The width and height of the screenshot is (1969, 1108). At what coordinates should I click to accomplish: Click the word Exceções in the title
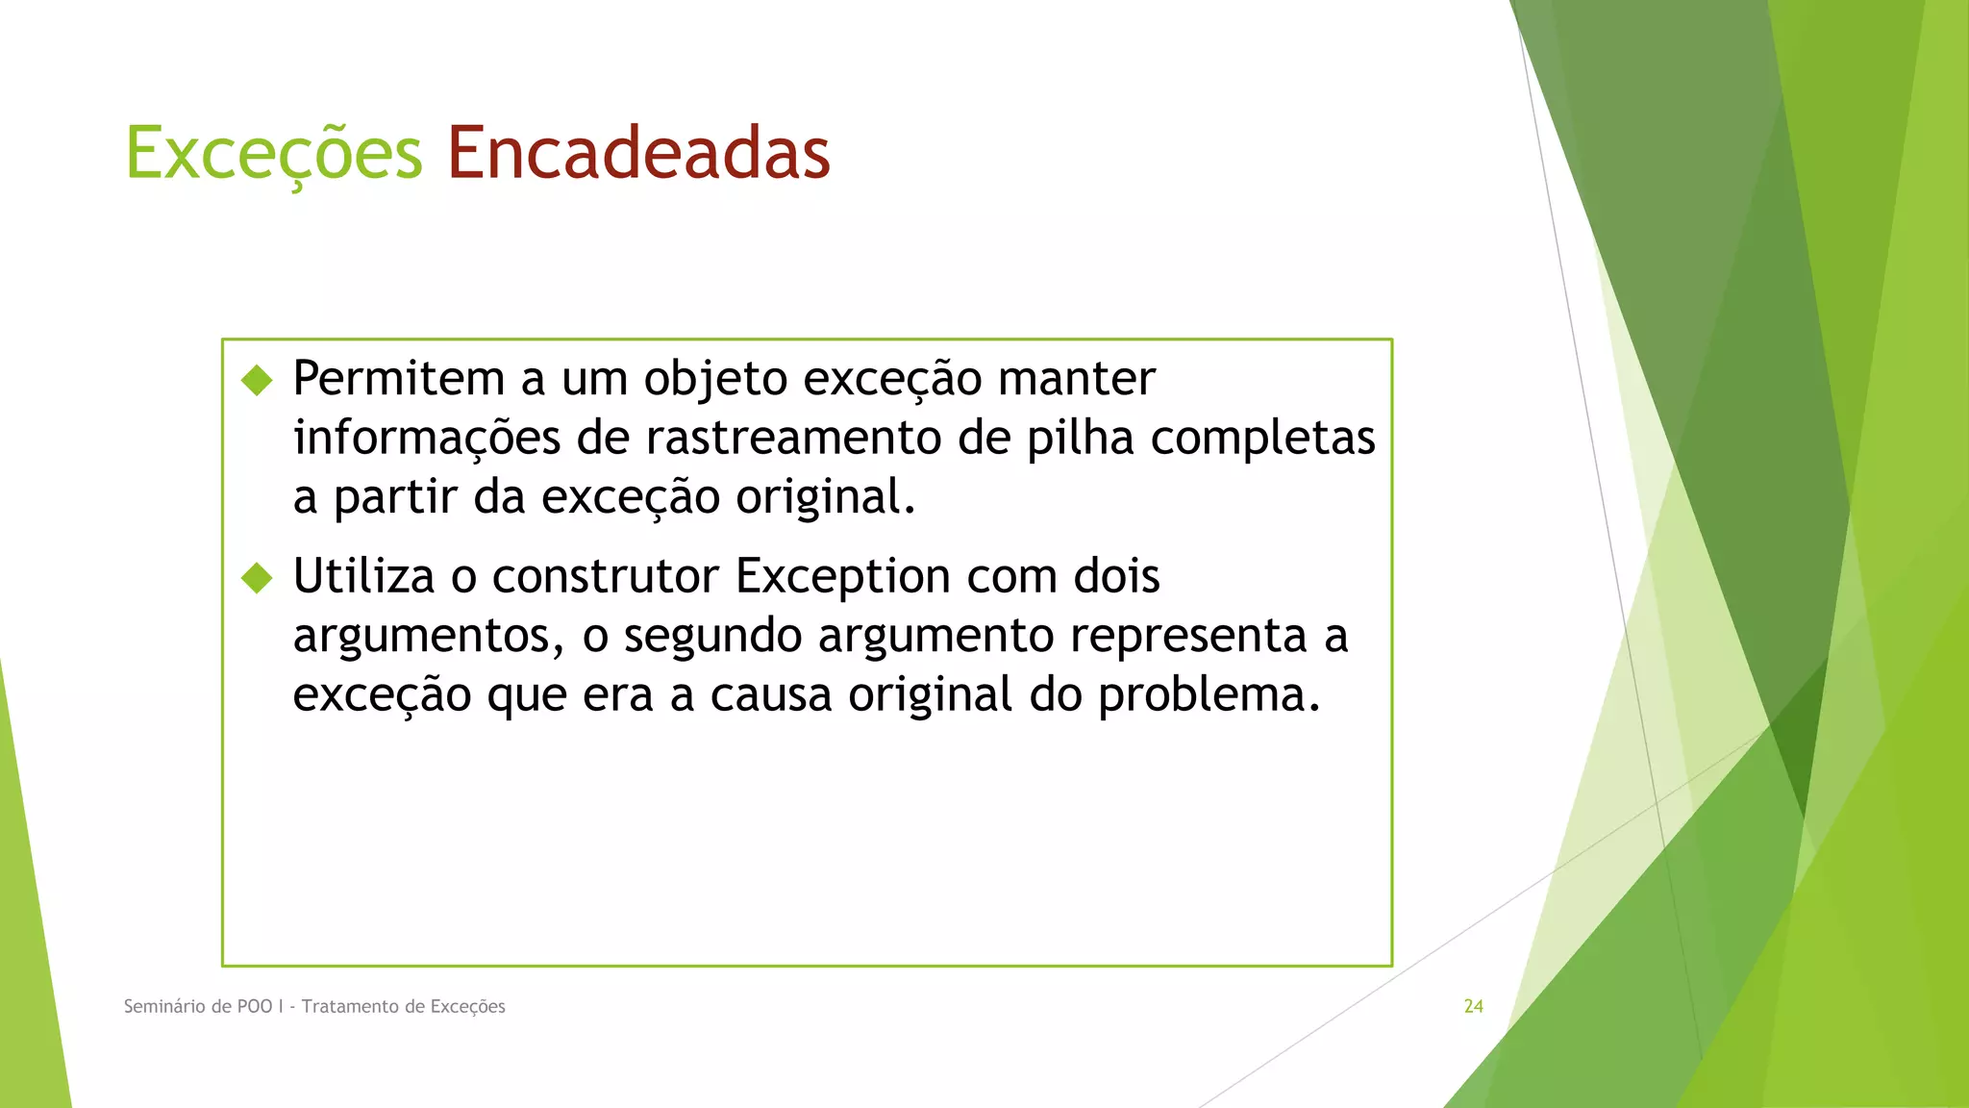coord(274,154)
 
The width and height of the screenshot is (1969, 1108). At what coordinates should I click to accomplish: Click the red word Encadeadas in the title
coord(638,154)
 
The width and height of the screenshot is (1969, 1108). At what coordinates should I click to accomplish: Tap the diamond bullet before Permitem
coord(258,380)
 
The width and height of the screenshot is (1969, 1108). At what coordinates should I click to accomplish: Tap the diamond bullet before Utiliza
coord(258,577)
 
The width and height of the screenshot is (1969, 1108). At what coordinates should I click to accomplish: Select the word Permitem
coord(399,378)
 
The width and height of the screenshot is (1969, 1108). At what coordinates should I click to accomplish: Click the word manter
coord(1076,378)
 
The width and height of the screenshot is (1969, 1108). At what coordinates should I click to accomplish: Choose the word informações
coord(427,438)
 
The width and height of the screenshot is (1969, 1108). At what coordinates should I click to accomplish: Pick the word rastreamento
coord(793,439)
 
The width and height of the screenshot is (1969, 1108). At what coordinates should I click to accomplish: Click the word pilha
coord(1081,439)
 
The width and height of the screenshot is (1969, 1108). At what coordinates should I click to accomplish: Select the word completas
coord(1263,439)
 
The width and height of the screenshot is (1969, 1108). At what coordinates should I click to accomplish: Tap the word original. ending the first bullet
coord(825,498)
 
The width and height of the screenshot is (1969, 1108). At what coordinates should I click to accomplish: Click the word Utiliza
coord(363,576)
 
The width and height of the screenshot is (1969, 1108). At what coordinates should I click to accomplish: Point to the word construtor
coord(606,577)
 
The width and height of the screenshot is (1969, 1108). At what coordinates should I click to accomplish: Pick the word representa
coord(1188,636)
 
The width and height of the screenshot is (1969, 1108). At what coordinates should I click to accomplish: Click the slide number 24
coord(1473,1006)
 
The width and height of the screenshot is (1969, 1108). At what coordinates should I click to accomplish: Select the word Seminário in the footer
coord(164,1006)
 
